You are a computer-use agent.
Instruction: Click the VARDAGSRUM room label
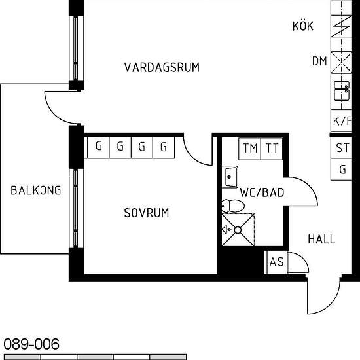[162, 67]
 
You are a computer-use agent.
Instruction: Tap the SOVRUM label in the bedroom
[147, 213]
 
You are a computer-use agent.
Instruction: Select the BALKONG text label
[36, 190]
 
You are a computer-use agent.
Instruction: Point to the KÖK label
[303, 26]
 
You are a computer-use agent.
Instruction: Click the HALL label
[321, 239]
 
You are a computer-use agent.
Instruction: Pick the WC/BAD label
[262, 192]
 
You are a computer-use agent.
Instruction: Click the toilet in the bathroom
[233, 206]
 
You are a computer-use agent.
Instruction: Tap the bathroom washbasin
[230, 177]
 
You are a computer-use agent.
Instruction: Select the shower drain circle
[238, 230]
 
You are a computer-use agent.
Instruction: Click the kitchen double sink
[342, 91]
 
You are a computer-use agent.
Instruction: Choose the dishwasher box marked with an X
[342, 62]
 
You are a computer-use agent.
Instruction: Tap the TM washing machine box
[250, 149]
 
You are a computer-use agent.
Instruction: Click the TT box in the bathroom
[272, 149]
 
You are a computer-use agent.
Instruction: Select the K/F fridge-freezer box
[342, 121]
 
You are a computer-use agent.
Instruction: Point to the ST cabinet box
[342, 147]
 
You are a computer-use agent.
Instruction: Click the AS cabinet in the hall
[277, 262]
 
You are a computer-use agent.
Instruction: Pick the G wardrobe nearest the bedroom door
[164, 147]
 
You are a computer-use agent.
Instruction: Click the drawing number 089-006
[31, 344]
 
